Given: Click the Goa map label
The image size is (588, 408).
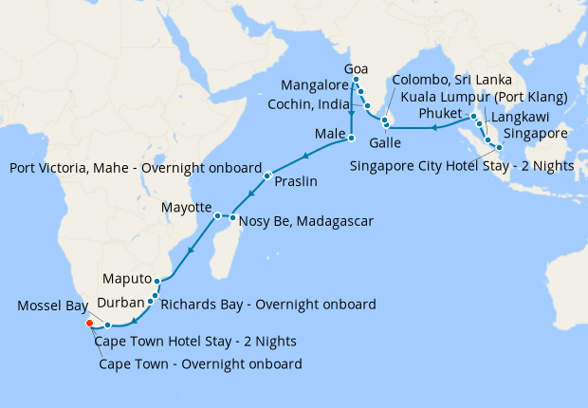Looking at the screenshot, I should pos(356,69).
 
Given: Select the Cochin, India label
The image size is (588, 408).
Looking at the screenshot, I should pos(313,103).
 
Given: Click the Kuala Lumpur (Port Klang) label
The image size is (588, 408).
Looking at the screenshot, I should pos(484,98).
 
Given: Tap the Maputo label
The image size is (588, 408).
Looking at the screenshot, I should pos(125,280).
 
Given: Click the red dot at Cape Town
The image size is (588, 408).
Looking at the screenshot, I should pos(89,323).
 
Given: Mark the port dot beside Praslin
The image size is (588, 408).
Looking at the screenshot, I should pos(267,176).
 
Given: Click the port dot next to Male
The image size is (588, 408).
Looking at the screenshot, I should pos(351,139).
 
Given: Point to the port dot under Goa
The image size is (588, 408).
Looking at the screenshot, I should pos(356,80).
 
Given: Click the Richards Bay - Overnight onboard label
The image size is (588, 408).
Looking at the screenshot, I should pos(268,305).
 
